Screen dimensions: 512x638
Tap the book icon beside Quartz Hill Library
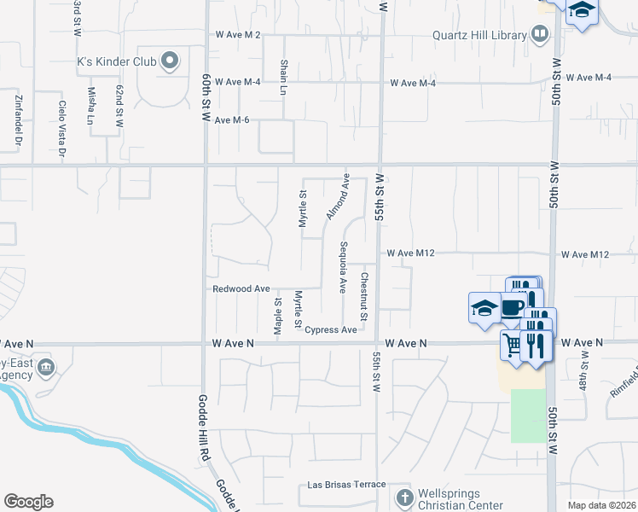coord(539,35)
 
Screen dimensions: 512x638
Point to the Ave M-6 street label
coord(231,120)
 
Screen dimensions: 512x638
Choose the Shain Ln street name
coord(284,77)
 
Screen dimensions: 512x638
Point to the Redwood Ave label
coord(241,289)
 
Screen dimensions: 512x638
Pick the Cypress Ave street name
coord(330,329)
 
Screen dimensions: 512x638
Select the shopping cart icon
coord(512,344)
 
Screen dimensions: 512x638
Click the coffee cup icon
coord(513,307)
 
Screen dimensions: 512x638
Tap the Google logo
coord(28,501)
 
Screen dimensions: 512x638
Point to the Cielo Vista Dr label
coord(61,129)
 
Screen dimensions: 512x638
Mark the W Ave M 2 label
coord(238,35)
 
